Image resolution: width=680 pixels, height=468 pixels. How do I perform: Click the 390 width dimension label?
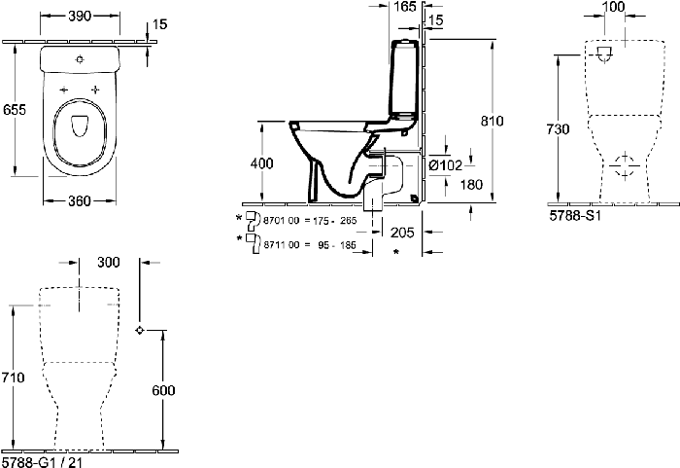click(80, 17)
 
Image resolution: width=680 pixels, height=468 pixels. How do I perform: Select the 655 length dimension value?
click(15, 110)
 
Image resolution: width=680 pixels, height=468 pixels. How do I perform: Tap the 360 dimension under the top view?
click(80, 200)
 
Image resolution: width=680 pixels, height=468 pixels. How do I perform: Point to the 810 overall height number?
click(492, 121)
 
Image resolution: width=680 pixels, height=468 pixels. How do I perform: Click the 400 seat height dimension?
click(262, 163)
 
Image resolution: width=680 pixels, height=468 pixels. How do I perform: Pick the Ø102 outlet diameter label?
click(445, 165)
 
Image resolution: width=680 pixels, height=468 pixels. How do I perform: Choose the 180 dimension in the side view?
click(471, 185)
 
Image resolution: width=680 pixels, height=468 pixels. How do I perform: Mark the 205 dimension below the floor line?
click(402, 233)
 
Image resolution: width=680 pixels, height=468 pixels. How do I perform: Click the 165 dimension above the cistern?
click(405, 7)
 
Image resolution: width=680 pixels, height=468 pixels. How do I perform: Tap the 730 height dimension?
click(558, 129)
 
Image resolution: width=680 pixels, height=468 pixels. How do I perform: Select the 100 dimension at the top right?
click(614, 7)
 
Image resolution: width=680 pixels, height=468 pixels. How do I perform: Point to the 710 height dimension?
click(13, 378)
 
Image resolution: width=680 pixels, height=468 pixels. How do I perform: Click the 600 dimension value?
click(163, 390)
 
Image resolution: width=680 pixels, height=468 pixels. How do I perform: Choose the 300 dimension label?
click(109, 262)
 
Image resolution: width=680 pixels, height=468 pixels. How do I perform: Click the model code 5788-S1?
click(575, 216)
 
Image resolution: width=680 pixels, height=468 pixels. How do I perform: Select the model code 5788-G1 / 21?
click(43, 462)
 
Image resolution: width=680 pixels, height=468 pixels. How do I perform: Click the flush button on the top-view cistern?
click(80, 59)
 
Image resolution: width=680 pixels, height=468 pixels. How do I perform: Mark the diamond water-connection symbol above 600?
click(140, 330)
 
